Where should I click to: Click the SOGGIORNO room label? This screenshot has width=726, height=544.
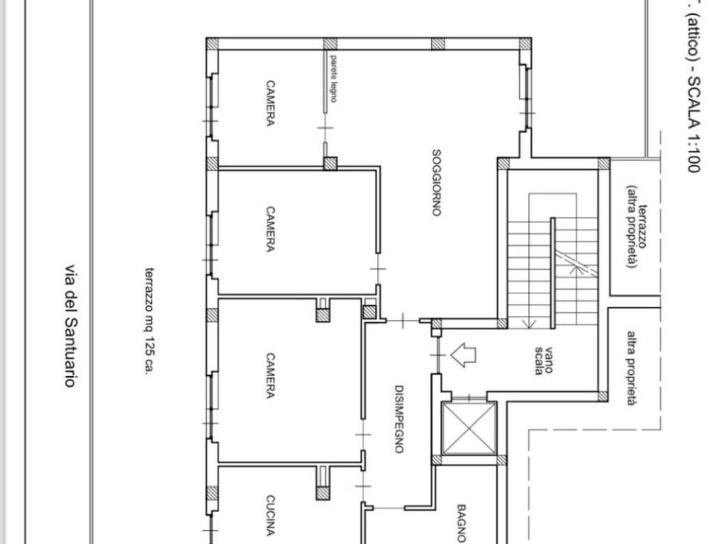tap(436, 183)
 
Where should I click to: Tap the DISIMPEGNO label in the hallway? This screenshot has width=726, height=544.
tap(399, 419)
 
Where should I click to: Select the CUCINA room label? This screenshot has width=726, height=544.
tap(270, 516)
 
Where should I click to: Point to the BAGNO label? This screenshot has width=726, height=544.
tap(462, 523)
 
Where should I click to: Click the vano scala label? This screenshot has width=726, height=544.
tap(544, 361)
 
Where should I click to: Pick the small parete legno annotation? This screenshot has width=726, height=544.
tap(333, 78)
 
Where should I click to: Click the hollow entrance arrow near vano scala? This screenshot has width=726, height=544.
tap(464, 356)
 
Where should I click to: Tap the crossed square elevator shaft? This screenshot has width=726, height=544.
tap(469, 429)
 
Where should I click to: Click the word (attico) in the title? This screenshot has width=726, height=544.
tap(693, 37)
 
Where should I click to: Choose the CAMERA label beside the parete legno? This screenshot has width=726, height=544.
tap(270, 103)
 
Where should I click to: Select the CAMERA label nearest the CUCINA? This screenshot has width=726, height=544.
tap(270, 375)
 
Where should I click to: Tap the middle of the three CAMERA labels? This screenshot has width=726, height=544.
tap(270, 229)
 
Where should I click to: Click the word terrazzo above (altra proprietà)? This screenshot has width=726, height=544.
tap(642, 226)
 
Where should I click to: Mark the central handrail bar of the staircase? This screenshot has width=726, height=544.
tap(552, 273)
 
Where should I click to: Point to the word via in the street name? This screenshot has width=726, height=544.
tap(69, 273)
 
